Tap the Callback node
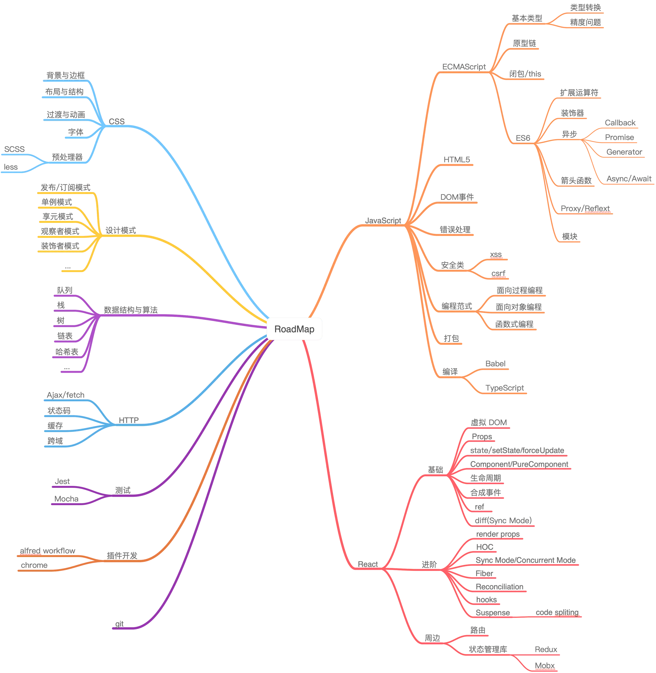click(x=620, y=122)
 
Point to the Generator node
click(x=624, y=152)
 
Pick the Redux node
click(x=546, y=650)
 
